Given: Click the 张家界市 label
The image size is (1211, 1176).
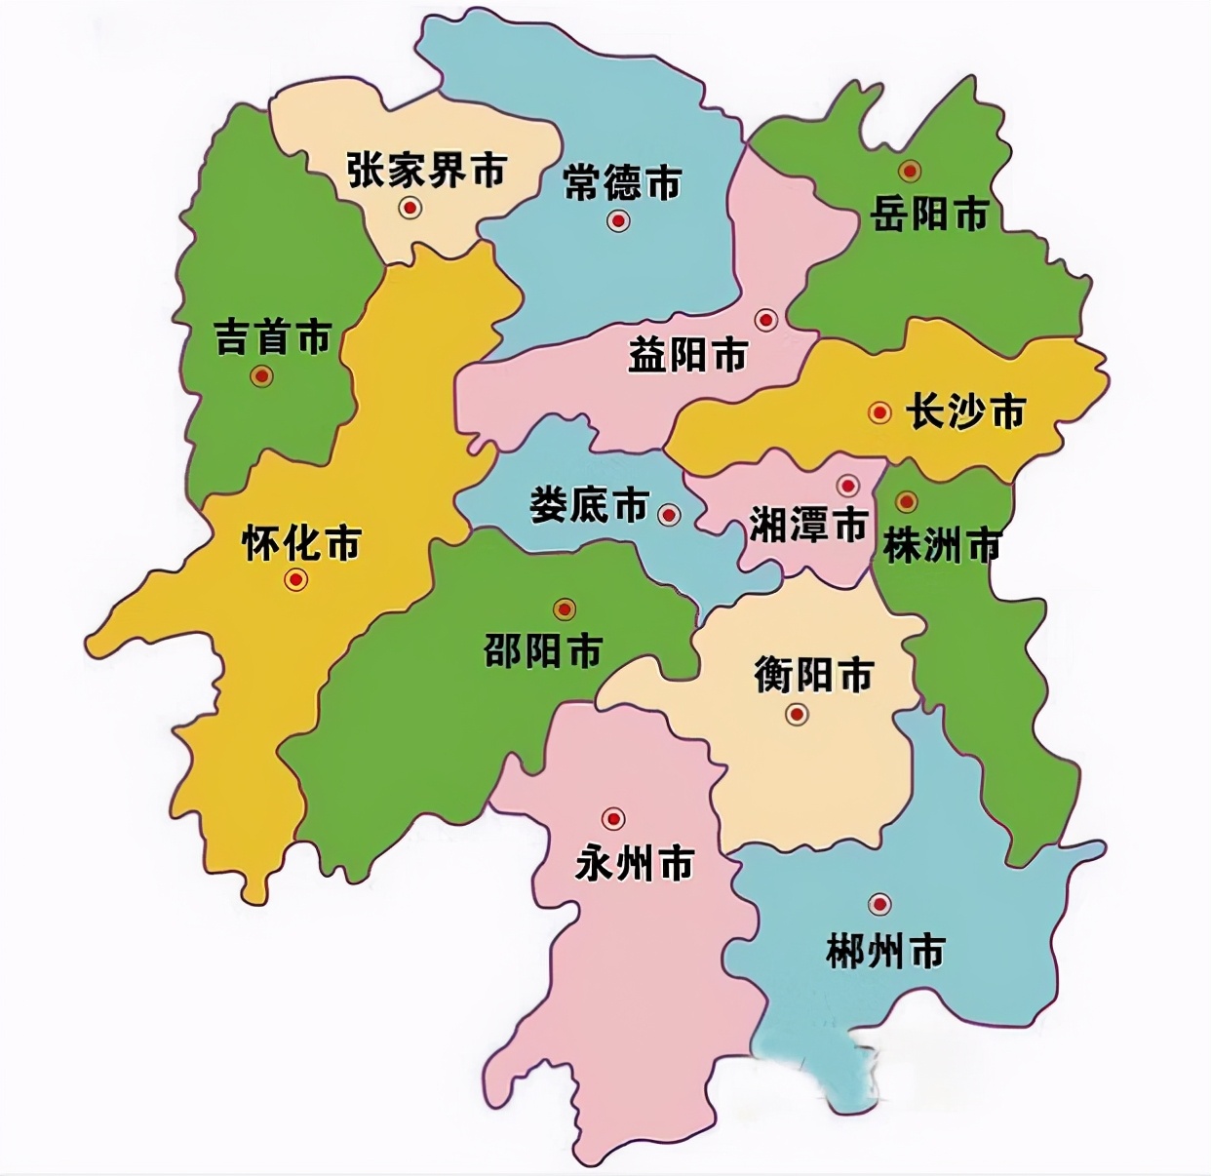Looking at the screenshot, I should tap(427, 170).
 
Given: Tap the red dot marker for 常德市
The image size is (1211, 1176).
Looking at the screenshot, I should tap(618, 221).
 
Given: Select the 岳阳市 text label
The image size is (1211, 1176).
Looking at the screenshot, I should tap(929, 213).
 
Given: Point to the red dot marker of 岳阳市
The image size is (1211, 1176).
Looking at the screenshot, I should tap(910, 172).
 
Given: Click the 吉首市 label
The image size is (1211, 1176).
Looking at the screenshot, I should tap(273, 338).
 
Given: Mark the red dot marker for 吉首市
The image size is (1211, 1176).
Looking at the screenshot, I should tap(260, 375).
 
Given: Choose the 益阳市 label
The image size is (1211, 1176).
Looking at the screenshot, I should tap(688, 355).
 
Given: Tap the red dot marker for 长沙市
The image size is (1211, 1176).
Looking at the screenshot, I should tap(879, 412).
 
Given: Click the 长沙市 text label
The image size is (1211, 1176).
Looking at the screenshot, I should tap(966, 412).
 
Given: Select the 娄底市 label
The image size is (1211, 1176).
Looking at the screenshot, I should tap(590, 505).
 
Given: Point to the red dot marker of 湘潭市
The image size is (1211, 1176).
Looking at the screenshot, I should tap(847, 485).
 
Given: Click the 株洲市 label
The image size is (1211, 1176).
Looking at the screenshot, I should tap(942, 544).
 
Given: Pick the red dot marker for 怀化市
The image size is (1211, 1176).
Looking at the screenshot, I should tap(295, 579).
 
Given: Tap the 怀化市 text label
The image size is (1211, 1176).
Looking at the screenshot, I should tap(301, 542).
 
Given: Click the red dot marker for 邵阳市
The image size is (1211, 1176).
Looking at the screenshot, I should tap(564, 609).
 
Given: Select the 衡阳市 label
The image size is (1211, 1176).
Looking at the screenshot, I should tap(813, 675).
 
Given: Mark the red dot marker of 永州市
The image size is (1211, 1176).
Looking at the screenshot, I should tap(613, 819).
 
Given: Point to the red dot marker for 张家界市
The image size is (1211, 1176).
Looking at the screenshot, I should tap(410, 207).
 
